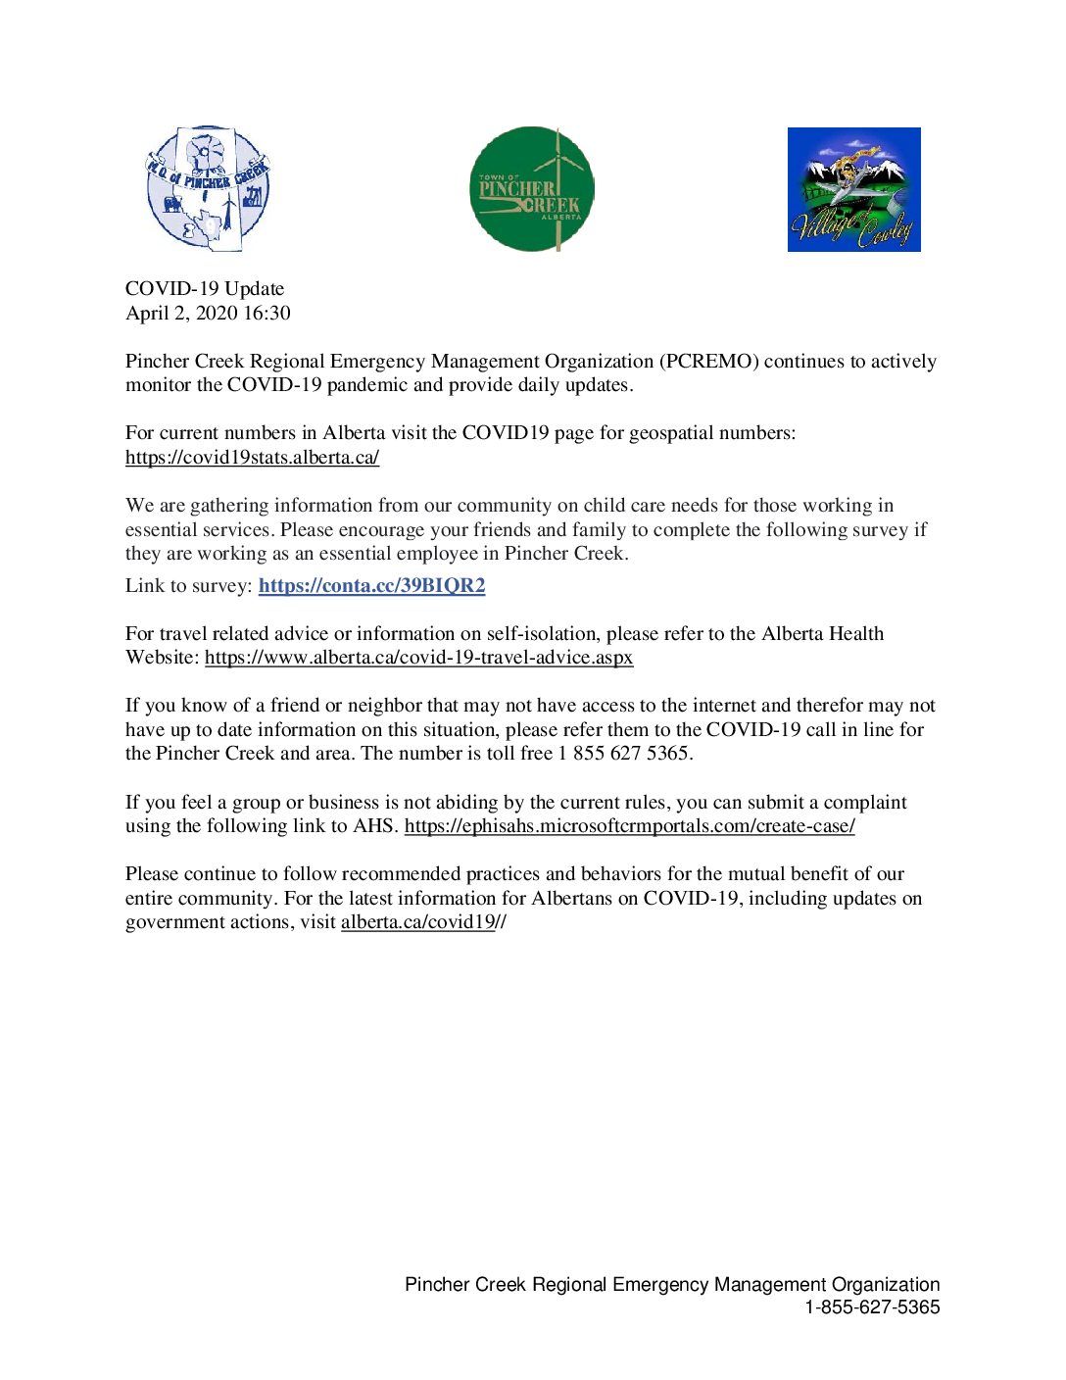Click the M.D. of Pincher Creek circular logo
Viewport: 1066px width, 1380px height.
[x=208, y=188]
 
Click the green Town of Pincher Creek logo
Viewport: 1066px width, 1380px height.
[x=531, y=189]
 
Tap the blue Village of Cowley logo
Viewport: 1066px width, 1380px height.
[x=853, y=189]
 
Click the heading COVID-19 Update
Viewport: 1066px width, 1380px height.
[x=205, y=288]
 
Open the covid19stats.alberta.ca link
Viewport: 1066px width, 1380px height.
[x=252, y=457]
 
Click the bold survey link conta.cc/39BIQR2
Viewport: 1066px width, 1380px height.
[x=371, y=585]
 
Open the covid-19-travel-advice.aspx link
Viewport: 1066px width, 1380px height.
[x=418, y=657]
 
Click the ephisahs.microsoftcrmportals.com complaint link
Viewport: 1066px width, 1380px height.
[x=629, y=825]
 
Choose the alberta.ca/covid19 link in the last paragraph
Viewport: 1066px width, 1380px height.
[x=417, y=921]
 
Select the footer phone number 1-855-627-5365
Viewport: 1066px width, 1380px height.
[x=872, y=1306]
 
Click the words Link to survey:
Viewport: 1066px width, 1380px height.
[x=189, y=585]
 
